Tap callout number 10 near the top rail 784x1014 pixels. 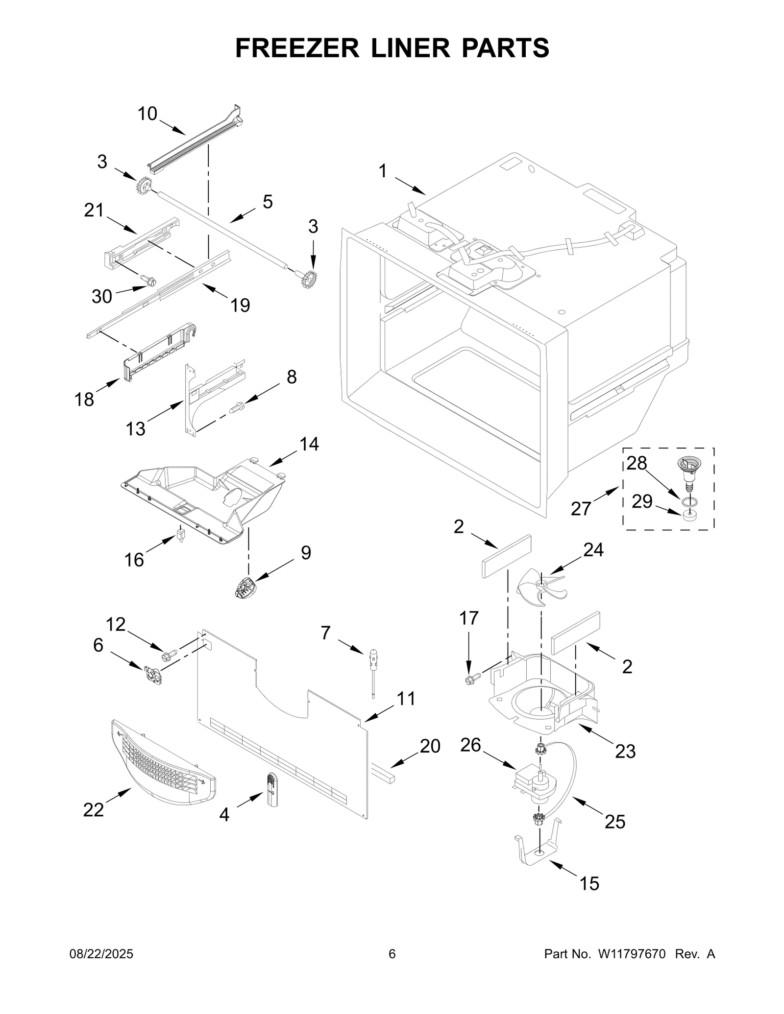point(147,114)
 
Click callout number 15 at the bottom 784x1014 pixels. point(589,884)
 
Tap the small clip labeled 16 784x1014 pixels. point(181,534)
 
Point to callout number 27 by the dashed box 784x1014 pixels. point(581,509)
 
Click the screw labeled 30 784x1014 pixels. point(149,281)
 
